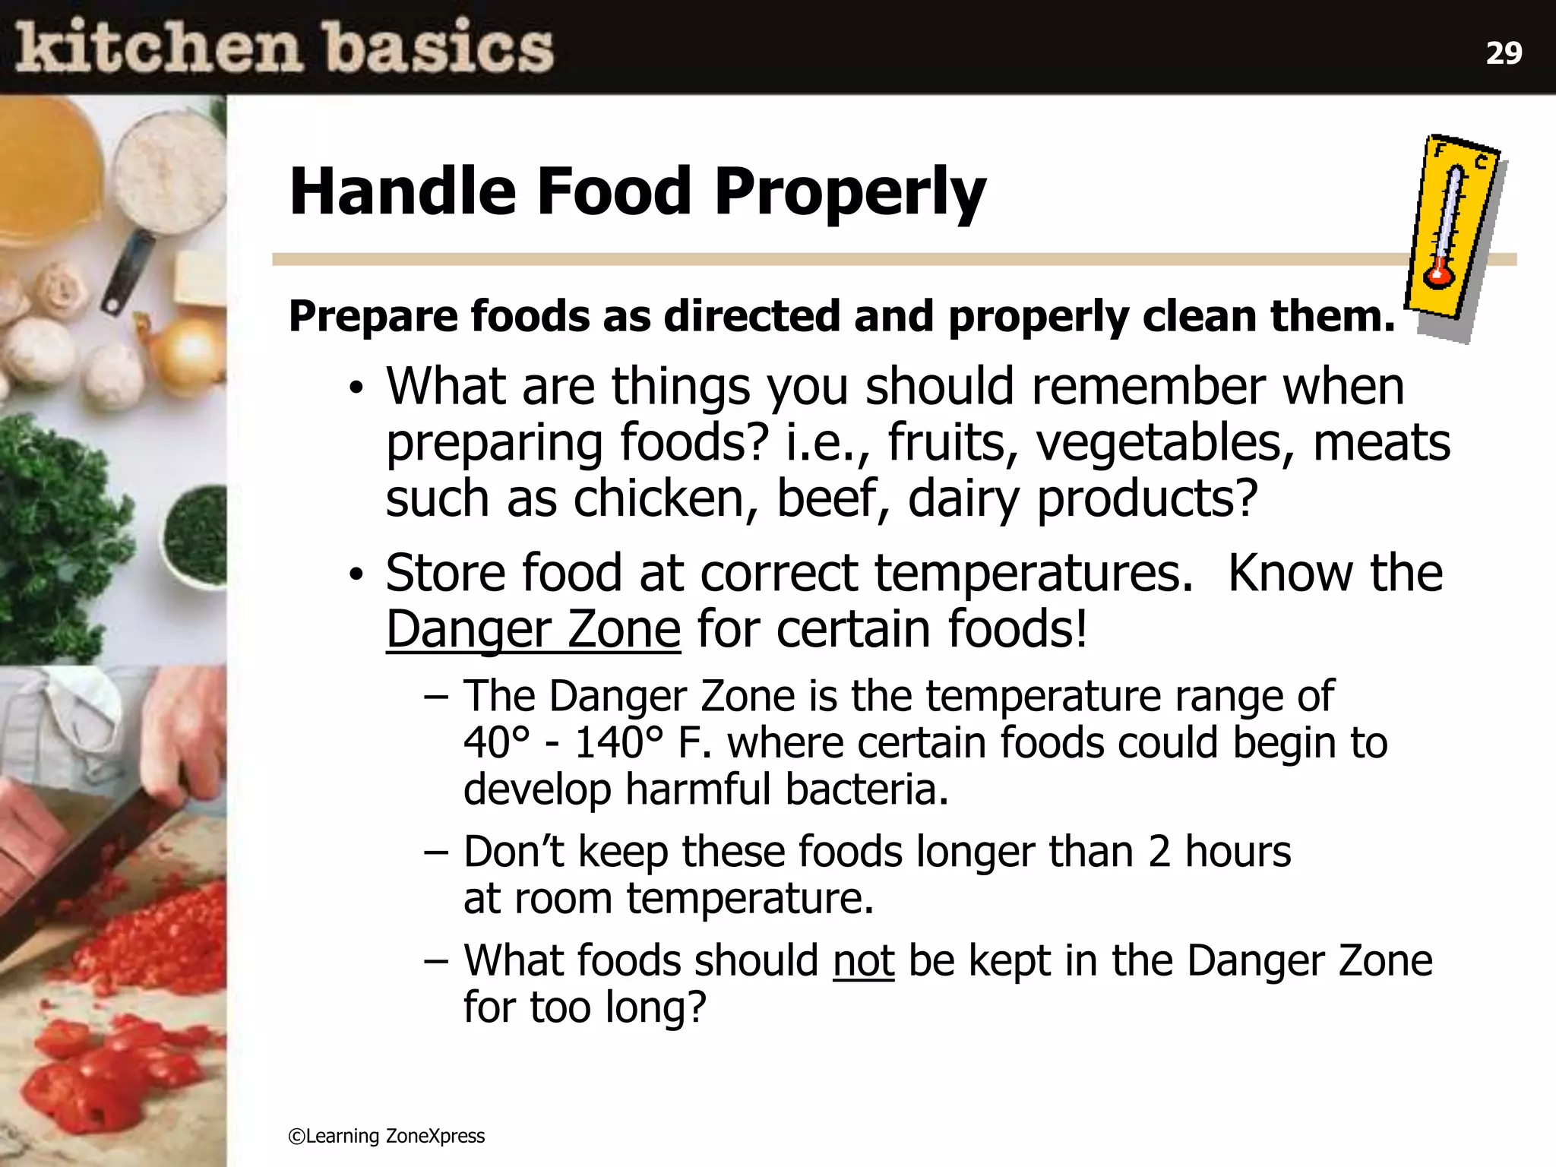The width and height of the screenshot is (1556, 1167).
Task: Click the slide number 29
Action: click(x=1504, y=53)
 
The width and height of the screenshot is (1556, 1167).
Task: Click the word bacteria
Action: click(x=867, y=789)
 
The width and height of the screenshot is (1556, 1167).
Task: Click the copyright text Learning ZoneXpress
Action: click(x=387, y=1136)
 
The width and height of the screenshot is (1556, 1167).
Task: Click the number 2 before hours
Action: click(x=1159, y=852)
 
